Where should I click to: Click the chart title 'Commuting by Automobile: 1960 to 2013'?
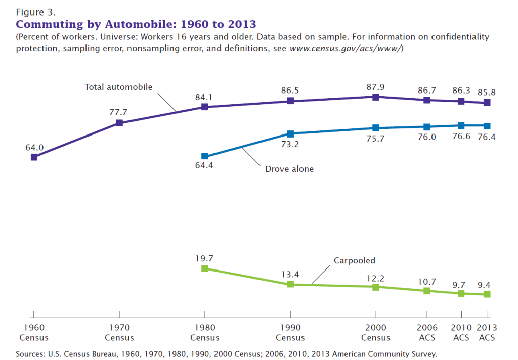(x=136, y=24)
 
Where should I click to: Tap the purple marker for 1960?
(x=34, y=157)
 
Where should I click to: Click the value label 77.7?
(x=119, y=112)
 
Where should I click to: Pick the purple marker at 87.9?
(x=376, y=97)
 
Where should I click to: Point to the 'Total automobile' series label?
(x=118, y=87)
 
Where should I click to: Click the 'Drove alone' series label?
(x=289, y=169)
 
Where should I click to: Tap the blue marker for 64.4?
(x=205, y=156)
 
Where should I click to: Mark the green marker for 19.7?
(x=205, y=268)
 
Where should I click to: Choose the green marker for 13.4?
(x=290, y=284)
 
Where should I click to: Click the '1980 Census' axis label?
(x=205, y=333)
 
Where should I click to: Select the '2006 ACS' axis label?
(x=427, y=333)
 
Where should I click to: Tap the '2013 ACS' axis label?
(x=487, y=333)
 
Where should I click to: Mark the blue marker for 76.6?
(x=461, y=125)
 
